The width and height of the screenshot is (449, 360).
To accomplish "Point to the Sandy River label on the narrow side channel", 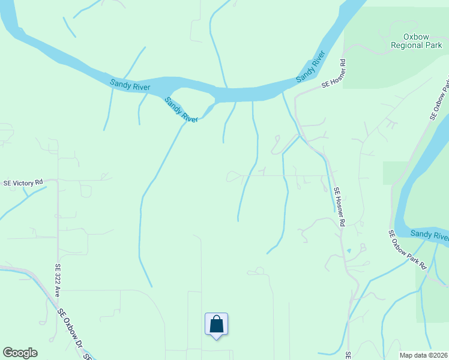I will click(181, 111).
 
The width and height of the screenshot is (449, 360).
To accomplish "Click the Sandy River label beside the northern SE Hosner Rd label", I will click(310, 67).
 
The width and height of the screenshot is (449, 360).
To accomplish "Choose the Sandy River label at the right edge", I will click(429, 234).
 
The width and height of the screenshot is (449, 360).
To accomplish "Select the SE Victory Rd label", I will click(23, 182).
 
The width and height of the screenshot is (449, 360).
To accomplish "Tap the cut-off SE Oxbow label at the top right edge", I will click(439, 99).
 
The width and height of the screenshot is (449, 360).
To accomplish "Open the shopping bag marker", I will click(216, 325).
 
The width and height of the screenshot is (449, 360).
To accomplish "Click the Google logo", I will click(20, 353).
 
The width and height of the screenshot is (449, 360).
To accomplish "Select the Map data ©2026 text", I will click(424, 355).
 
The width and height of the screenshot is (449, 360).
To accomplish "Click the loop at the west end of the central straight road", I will click(234, 176).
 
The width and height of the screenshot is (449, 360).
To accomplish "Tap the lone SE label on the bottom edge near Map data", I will click(348, 355).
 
